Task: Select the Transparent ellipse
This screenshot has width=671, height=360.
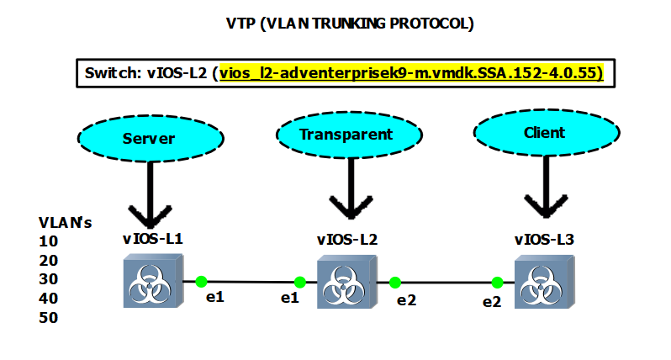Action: click(346, 134)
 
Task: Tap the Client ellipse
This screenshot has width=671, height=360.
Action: click(543, 132)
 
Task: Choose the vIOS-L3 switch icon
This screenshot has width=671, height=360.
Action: click(543, 283)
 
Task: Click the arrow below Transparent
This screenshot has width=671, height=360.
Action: click(346, 195)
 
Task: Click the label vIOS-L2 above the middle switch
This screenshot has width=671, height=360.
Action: click(346, 239)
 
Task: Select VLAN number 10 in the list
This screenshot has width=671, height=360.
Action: click(48, 241)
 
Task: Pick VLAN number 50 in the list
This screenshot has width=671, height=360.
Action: click(49, 318)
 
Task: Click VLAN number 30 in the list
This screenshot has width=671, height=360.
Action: click(49, 279)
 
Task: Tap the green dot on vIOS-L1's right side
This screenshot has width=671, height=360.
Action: click(201, 282)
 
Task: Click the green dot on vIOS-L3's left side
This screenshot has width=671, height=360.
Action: click(497, 282)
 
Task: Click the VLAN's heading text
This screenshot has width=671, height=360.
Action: click(65, 222)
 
